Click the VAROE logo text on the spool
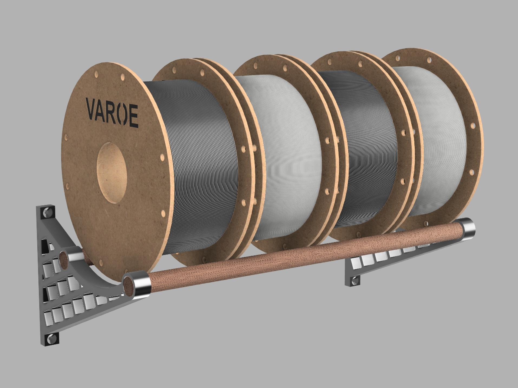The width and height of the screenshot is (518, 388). pos(112,112)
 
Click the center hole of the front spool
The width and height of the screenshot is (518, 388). pos(112,173)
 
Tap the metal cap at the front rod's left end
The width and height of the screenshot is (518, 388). pos(141,285)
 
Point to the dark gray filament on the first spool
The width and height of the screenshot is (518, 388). pos(198,163)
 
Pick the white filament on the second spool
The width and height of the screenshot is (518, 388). pos(287,157)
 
